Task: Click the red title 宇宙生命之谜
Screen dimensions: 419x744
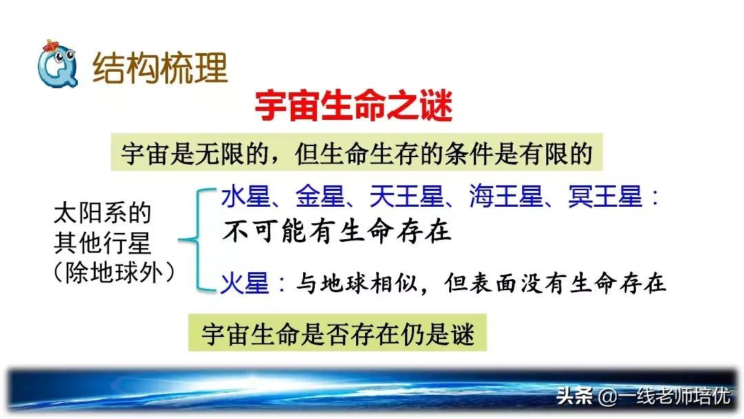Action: [353, 107]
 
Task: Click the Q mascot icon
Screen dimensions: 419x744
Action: [54, 66]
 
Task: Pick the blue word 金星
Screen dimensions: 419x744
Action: [319, 198]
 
